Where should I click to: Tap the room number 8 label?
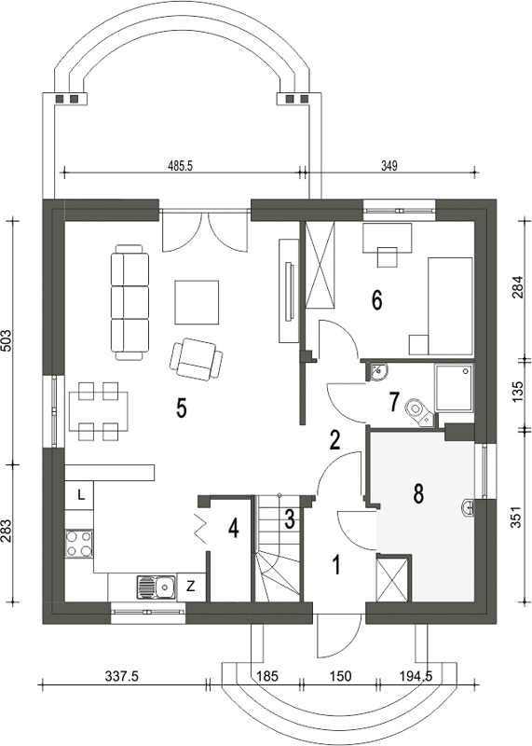pos(418,494)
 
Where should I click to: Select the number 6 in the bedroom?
pos(376,300)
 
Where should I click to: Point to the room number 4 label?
pos(233,528)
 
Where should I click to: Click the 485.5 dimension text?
pos(180,165)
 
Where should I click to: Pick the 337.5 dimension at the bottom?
pos(121,676)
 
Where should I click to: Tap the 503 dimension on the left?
pos(7,341)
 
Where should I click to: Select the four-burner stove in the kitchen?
pos(79,544)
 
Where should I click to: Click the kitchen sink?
pos(156,587)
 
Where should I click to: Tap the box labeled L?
pos(79,496)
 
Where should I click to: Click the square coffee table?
pos(198,302)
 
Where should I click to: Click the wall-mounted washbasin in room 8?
pos(468,507)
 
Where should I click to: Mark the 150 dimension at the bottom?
pos(340,676)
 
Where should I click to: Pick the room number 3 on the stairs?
pos(290,519)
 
